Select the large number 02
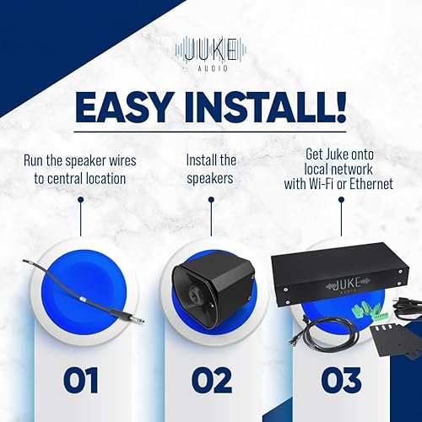[211, 381]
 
